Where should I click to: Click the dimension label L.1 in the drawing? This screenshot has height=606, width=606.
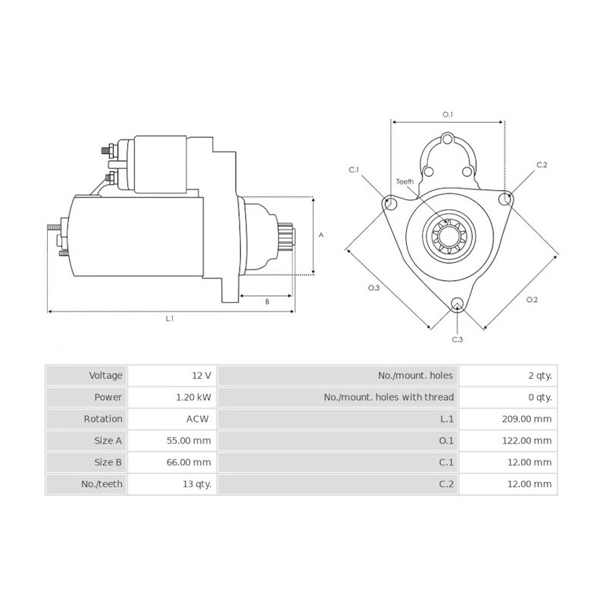(x=170, y=319)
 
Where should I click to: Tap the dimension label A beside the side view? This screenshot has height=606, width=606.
(x=321, y=236)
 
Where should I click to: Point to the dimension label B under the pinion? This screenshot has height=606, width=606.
(x=267, y=301)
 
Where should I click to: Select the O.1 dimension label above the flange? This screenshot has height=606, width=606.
(x=448, y=114)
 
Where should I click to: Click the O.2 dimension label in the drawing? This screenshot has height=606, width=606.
(x=532, y=300)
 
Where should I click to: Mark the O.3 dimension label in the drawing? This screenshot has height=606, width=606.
(x=373, y=288)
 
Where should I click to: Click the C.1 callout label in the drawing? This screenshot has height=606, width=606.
(x=354, y=170)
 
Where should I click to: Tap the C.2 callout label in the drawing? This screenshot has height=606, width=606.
(x=542, y=164)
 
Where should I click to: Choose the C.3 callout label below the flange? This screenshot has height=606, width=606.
(x=457, y=340)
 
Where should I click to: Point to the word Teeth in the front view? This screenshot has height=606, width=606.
(x=405, y=182)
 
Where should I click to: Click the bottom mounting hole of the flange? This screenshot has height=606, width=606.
(x=457, y=305)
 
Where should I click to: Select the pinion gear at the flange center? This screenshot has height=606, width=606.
(x=447, y=235)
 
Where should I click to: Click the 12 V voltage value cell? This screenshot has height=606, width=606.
(x=201, y=375)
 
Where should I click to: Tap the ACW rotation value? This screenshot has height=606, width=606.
(x=198, y=419)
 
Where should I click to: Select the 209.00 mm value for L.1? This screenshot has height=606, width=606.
(x=529, y=419)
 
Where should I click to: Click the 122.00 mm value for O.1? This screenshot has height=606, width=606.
(x=529, y=440)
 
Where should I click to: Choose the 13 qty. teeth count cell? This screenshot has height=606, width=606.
(x=197, y=483)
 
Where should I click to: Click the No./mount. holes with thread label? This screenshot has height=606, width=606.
(x=389, y=397)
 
